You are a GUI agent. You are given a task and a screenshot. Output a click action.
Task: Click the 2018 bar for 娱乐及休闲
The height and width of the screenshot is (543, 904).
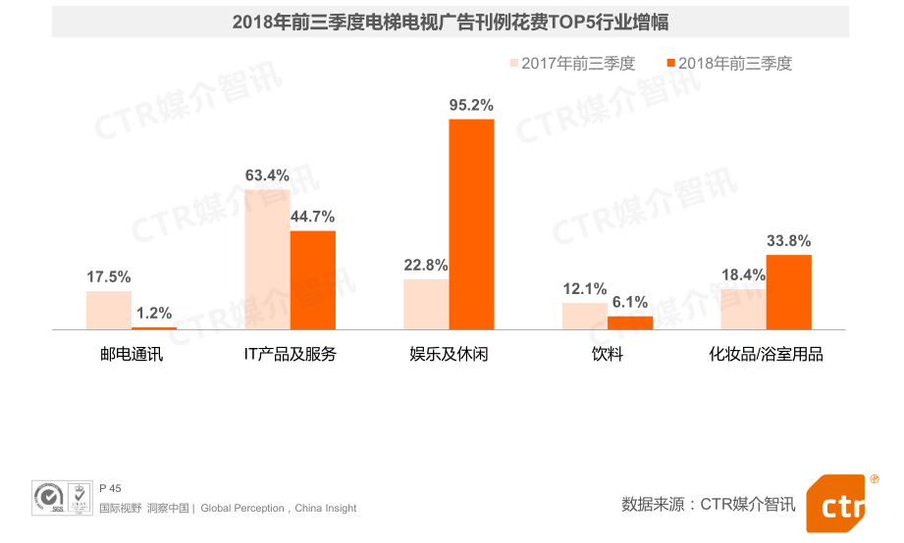point(471,224)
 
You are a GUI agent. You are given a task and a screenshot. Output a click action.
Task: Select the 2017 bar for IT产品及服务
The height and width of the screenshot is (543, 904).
point(267,260)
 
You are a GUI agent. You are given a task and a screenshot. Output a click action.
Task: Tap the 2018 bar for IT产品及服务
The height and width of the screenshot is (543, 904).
point(312,280)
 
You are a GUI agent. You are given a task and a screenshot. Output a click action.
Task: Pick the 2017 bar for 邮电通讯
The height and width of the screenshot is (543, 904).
point(109,310)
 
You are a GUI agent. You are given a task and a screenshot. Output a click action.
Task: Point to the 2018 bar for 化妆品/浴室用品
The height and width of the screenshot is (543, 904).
point(788,292)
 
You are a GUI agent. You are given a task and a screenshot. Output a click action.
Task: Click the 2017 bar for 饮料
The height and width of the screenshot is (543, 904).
point(584,316)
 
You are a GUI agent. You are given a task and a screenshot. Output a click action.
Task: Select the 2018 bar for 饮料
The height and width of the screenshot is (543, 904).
point(629,322)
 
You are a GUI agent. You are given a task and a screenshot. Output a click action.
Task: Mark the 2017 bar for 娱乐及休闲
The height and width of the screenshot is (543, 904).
point(426,304)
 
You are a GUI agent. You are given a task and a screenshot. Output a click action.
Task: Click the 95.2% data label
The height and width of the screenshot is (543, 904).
point(471,105)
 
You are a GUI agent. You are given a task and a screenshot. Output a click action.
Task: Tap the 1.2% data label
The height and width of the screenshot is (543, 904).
point(154,314)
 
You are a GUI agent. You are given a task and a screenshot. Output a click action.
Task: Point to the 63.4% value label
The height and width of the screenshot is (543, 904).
point(267,175)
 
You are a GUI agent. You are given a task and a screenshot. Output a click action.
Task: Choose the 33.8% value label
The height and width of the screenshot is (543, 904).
point(788,241)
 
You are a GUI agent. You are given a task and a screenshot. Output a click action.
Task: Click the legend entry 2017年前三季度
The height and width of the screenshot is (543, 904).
point(571,64)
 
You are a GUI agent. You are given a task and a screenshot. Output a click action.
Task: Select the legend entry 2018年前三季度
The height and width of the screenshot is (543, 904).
point(728,64)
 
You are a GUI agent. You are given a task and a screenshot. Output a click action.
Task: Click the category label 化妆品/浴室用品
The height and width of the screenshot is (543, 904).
point(766,355)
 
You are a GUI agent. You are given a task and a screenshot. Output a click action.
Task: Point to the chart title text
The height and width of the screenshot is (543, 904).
point(451,22)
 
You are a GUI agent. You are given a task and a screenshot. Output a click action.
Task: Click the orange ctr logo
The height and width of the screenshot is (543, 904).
point(839,505)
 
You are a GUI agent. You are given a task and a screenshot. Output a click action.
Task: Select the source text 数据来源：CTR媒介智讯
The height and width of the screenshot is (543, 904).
point(708,504)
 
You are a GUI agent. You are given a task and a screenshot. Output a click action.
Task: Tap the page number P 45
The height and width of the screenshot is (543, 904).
point(110,488)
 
